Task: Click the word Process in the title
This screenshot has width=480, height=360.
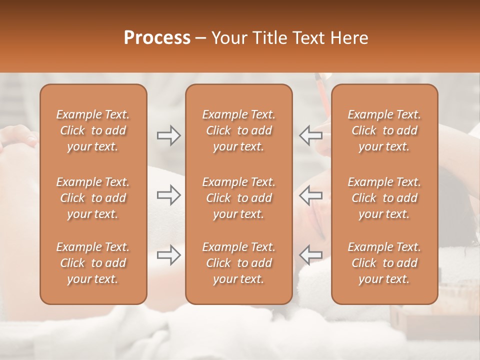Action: point(157,38)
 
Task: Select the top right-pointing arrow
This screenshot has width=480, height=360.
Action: point(168,135)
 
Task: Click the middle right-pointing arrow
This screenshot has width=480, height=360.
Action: point(168,194)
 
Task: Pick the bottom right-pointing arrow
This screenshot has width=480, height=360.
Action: point(168,255)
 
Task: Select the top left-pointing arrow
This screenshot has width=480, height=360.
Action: point(310,135)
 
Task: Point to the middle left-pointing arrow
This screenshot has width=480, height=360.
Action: point(310,194)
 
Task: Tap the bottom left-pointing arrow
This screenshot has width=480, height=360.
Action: point(310,255)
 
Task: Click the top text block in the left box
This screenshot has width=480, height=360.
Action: point(93,130)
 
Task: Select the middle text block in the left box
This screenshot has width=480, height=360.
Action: point(93,198)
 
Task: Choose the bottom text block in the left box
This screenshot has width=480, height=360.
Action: point(93,263)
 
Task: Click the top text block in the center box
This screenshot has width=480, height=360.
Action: point(238,130)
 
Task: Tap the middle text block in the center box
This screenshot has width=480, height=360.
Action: point(238,198)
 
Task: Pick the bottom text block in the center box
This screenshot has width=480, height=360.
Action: point(238,263)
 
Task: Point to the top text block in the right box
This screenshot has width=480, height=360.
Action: point(384,130)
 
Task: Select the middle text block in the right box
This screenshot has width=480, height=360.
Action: point(384,198)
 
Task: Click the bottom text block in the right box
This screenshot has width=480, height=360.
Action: point(384,263)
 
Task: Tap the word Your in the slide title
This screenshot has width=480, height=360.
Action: point(228,38)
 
